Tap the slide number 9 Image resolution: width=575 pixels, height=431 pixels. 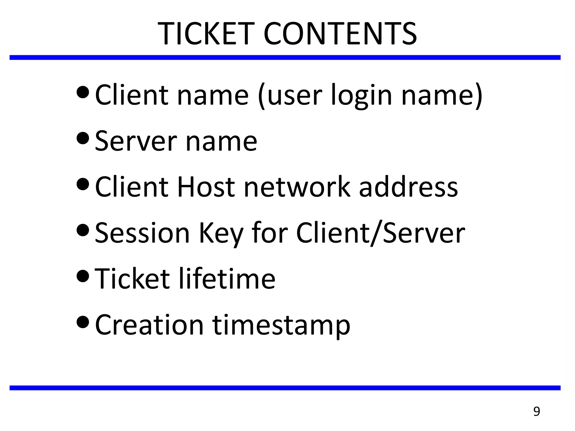(537, 411)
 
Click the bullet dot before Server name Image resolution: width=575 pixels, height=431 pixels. (83, 138)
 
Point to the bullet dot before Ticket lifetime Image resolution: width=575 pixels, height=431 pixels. (83, 276)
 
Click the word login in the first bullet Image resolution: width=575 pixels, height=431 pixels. (361, 95)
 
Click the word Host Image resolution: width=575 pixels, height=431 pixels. (206, 187)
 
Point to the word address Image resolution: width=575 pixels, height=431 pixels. (409, 187)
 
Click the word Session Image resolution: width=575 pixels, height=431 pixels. (143, 233)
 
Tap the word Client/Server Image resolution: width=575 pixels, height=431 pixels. (381, 233)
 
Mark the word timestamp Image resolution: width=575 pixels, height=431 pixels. (281, 325)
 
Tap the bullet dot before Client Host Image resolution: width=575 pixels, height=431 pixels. (83, 184)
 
